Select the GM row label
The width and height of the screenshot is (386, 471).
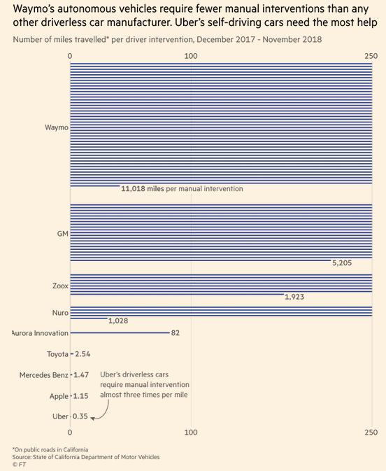[x=62, y=233]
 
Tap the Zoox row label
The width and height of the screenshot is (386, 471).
[x=59, y=286]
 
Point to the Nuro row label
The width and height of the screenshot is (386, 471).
[x=59, y=311]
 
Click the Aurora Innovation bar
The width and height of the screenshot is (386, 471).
[x=119, y=333]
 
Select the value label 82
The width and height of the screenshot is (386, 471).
[x=175, y=333]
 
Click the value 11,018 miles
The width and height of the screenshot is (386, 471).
[x=143, y=189]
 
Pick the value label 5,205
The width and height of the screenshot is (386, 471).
[x=342, y=264]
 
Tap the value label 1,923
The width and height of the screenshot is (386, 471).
[x=294, y=297]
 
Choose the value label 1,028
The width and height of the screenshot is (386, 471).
[x=117, y=320]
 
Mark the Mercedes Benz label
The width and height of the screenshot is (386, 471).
[x=43, y=375]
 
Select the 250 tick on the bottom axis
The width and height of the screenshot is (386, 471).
[x=372, y=433]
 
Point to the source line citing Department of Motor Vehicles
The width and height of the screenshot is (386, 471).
[x=85, y=456]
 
